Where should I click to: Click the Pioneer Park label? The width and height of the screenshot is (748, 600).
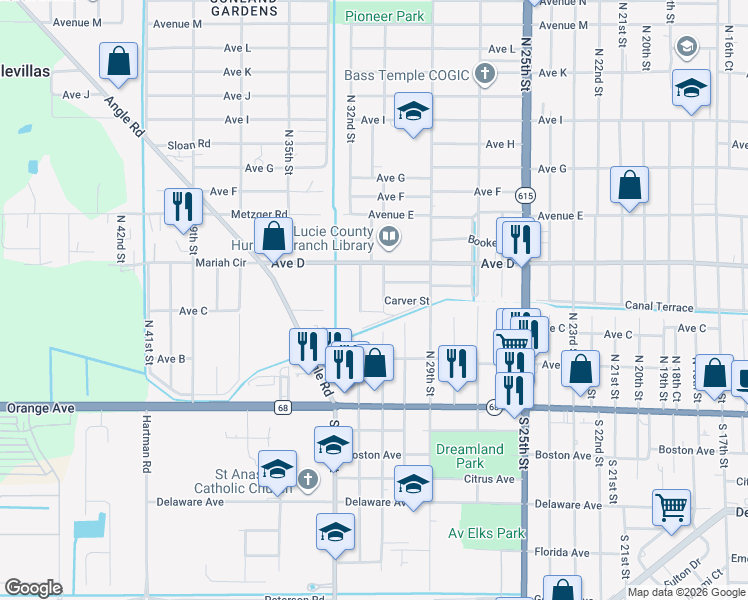(x=385, y=16)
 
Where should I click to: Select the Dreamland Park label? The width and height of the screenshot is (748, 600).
(x=469, y=456)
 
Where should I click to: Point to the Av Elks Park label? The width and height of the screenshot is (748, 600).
(x=487, y=533)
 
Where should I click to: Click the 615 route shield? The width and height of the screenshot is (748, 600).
(x=523, y=193)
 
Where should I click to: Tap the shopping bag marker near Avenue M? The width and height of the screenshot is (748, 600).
(x=119, y=62)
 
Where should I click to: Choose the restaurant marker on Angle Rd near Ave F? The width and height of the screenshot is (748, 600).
(x=183, y=207)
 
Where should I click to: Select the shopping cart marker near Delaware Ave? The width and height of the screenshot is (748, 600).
(x=671, y=507)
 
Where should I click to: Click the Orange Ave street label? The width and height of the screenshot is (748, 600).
(x=40, y=408)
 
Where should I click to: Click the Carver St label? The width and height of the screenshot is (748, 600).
(x=407, y=300)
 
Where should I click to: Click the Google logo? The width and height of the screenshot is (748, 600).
(x=32, y=588)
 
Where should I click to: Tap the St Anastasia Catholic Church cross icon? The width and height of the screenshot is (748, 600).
(x=307, y=479)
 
